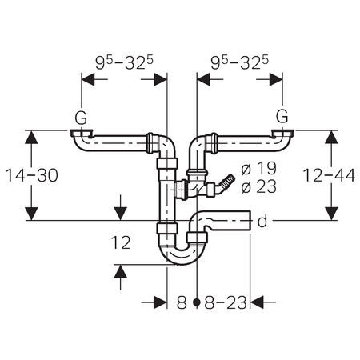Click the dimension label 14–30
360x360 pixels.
coord(32,175)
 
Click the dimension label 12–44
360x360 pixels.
coord(329,175)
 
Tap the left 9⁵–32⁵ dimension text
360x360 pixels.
coord(125,63)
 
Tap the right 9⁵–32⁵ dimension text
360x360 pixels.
coord(240,63)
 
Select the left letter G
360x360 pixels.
coord(81,118)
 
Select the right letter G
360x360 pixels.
coord(282,116)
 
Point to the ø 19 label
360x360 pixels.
coord(258,169)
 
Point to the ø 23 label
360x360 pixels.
coord(258,186)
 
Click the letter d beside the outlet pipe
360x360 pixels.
coord(262,221)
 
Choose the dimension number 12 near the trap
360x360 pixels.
coord(121,242)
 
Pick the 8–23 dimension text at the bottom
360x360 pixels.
coord(226,302)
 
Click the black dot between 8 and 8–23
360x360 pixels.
coord(197,302)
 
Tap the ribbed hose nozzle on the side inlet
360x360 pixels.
coord(226,182)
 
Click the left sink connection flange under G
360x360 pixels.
coord(82,133)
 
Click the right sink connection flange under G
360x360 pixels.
coord(282,133)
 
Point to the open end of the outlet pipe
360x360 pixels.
coord(250,220)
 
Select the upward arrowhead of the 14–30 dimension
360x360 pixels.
coord(32,137)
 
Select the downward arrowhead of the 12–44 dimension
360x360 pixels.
coord(331,214)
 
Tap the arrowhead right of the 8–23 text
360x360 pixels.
coord(257,302)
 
